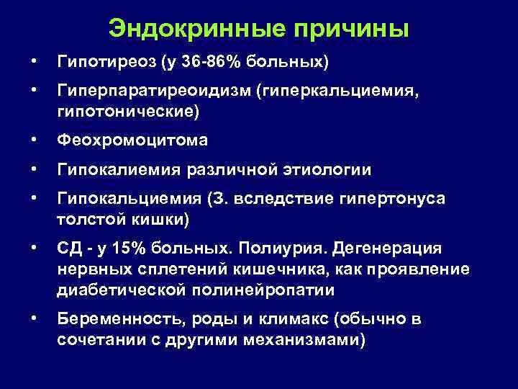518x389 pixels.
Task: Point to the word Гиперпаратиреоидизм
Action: [x=156, y=93]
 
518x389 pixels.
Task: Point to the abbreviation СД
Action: [x=70, y=249]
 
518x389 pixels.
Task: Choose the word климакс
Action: [x=278, y=320]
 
